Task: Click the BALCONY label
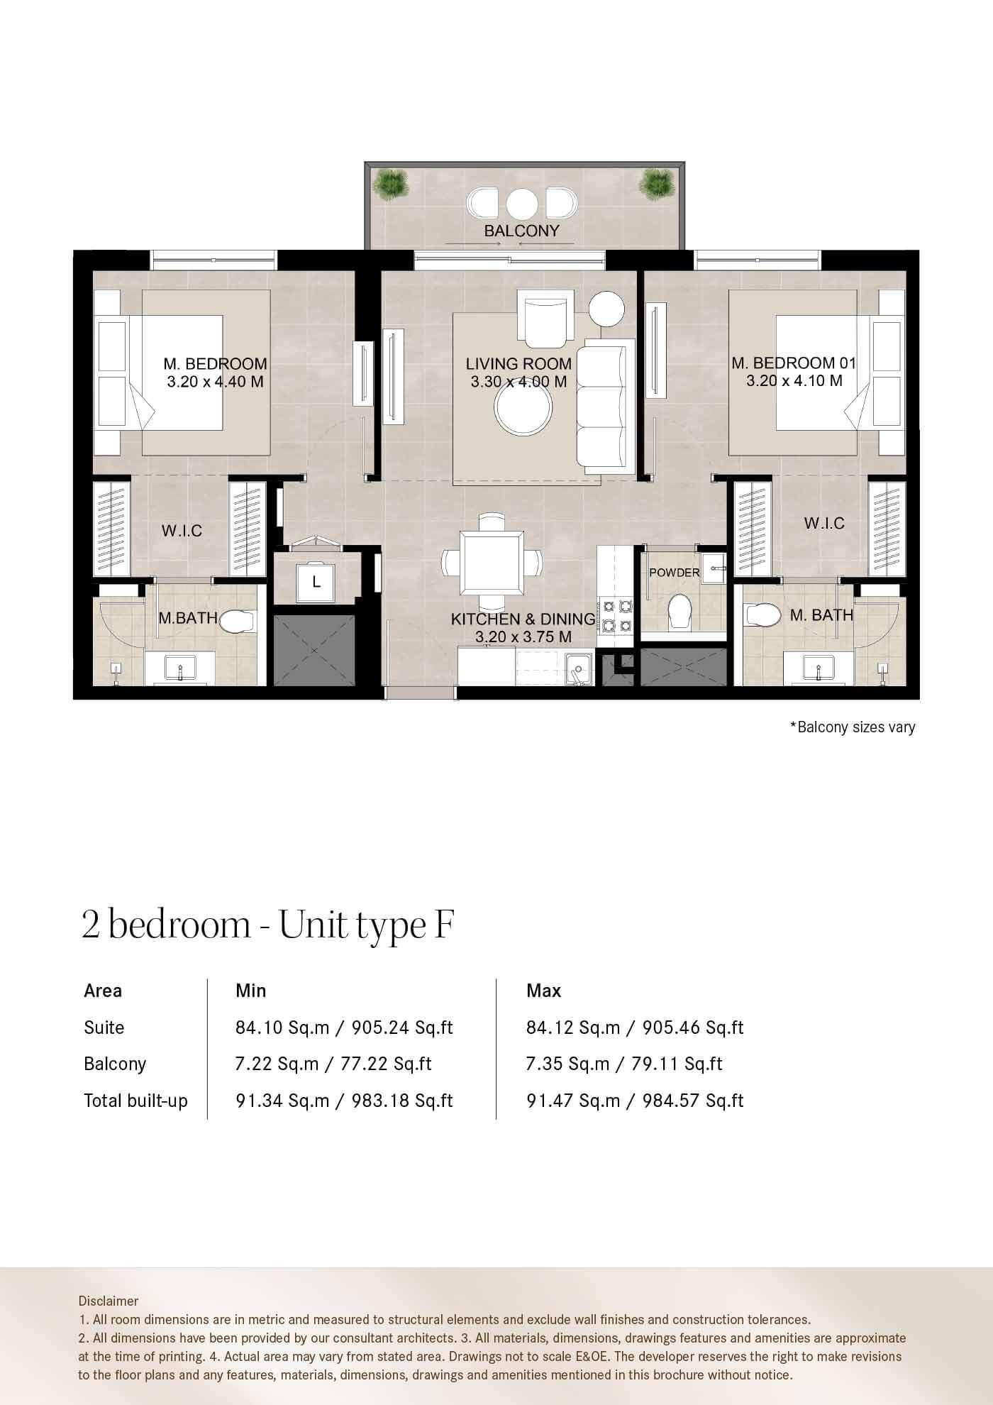click(x=521, y=231)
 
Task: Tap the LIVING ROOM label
click(x=518, y=363)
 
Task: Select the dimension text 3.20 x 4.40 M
click(x=215, y=382)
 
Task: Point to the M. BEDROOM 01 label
click(x=794, y=363)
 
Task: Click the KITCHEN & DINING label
click(x=523, y=619)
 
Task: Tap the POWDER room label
click(x=675, y=572)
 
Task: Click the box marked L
click(x=316, y=583)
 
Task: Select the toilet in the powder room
click(x=681, y=611)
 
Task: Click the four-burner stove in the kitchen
click(x=615, y=616)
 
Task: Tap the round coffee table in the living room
click(x=524, y=412)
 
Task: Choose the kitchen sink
click(x=579, y=669)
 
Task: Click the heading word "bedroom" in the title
click(x=180, y=925)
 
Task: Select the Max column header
click(x=544, y=991)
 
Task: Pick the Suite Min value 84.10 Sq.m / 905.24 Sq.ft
click(x=344, y=1027)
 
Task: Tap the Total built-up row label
click(x=136, y=1101)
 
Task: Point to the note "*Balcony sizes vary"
click(x=853, y=727)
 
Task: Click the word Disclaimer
click(x=109, y=1301)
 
